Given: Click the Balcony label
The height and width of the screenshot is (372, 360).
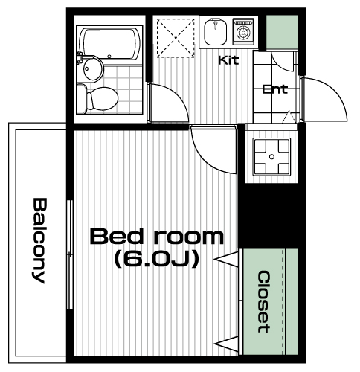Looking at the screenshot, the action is coord(39,240).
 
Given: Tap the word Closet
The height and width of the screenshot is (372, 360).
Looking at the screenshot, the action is coord(264,301).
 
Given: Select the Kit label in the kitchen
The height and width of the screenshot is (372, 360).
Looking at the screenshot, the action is coord(228,60).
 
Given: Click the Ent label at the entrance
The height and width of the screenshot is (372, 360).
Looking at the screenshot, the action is coord(274,89).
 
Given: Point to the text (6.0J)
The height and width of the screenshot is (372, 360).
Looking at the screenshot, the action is coord(157,259).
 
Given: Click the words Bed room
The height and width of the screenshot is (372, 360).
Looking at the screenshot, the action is coord(157,237).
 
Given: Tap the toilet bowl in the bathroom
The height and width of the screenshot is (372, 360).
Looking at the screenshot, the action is coord(102,99).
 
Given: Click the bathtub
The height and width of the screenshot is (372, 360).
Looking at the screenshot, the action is coord(109,44).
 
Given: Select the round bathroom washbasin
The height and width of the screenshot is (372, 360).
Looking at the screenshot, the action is coord(92,68).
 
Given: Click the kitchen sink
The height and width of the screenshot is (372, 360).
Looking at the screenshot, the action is coord(216,31).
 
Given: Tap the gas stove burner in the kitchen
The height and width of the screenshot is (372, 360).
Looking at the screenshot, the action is coord(243,32).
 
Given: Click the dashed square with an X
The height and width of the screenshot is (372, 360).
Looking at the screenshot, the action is coord(176,38).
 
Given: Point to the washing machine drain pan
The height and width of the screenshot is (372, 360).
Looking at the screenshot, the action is coord(271,157).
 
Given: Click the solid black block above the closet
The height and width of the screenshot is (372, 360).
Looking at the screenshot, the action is coord(269,216).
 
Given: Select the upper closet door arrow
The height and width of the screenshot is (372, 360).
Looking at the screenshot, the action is coord(227,259).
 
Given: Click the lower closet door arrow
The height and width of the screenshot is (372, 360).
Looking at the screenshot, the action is coord(227,344).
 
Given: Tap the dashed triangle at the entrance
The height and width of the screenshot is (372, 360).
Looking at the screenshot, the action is coord(289,117).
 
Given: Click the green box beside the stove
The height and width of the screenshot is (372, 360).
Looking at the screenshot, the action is coord(282,32).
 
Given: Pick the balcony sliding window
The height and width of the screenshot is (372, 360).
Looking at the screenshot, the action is coord(70,254).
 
